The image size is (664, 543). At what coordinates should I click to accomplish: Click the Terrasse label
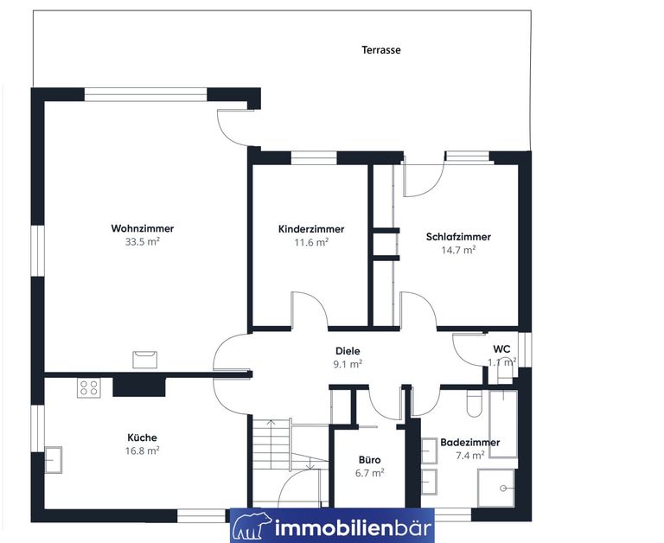(x=381, y=50)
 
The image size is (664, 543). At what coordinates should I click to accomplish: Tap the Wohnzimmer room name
(x=143, y=229)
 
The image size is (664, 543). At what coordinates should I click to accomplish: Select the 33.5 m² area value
(x=143, y=242)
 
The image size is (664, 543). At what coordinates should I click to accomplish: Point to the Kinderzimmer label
(x=311, y=229)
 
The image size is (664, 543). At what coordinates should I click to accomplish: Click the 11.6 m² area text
(x=311, y=242)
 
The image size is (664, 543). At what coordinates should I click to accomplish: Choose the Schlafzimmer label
(x=458, y=237)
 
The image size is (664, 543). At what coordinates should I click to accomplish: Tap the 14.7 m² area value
(x=458, y=250)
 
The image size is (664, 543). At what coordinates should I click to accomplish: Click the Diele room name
(x=348, y=351)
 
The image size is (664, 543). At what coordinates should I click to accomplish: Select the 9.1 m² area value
(x=348, y=364)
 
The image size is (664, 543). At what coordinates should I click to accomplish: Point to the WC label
(x=501, y=349)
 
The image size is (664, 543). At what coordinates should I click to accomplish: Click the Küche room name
(x=143, y=438)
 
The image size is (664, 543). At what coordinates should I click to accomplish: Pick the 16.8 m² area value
(x=143, y=450)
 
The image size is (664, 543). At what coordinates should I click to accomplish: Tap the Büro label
(x=370, y=460)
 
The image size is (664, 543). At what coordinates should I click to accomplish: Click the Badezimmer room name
(x=470, y=443)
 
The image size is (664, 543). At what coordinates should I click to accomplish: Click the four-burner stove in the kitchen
(x=89, y=387)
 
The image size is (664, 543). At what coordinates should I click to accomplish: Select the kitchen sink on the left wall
(x=54, y=459)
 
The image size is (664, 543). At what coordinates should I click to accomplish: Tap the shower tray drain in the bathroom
(x=503, y=489)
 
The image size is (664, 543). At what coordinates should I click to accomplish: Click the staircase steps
(x=271, y=444)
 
